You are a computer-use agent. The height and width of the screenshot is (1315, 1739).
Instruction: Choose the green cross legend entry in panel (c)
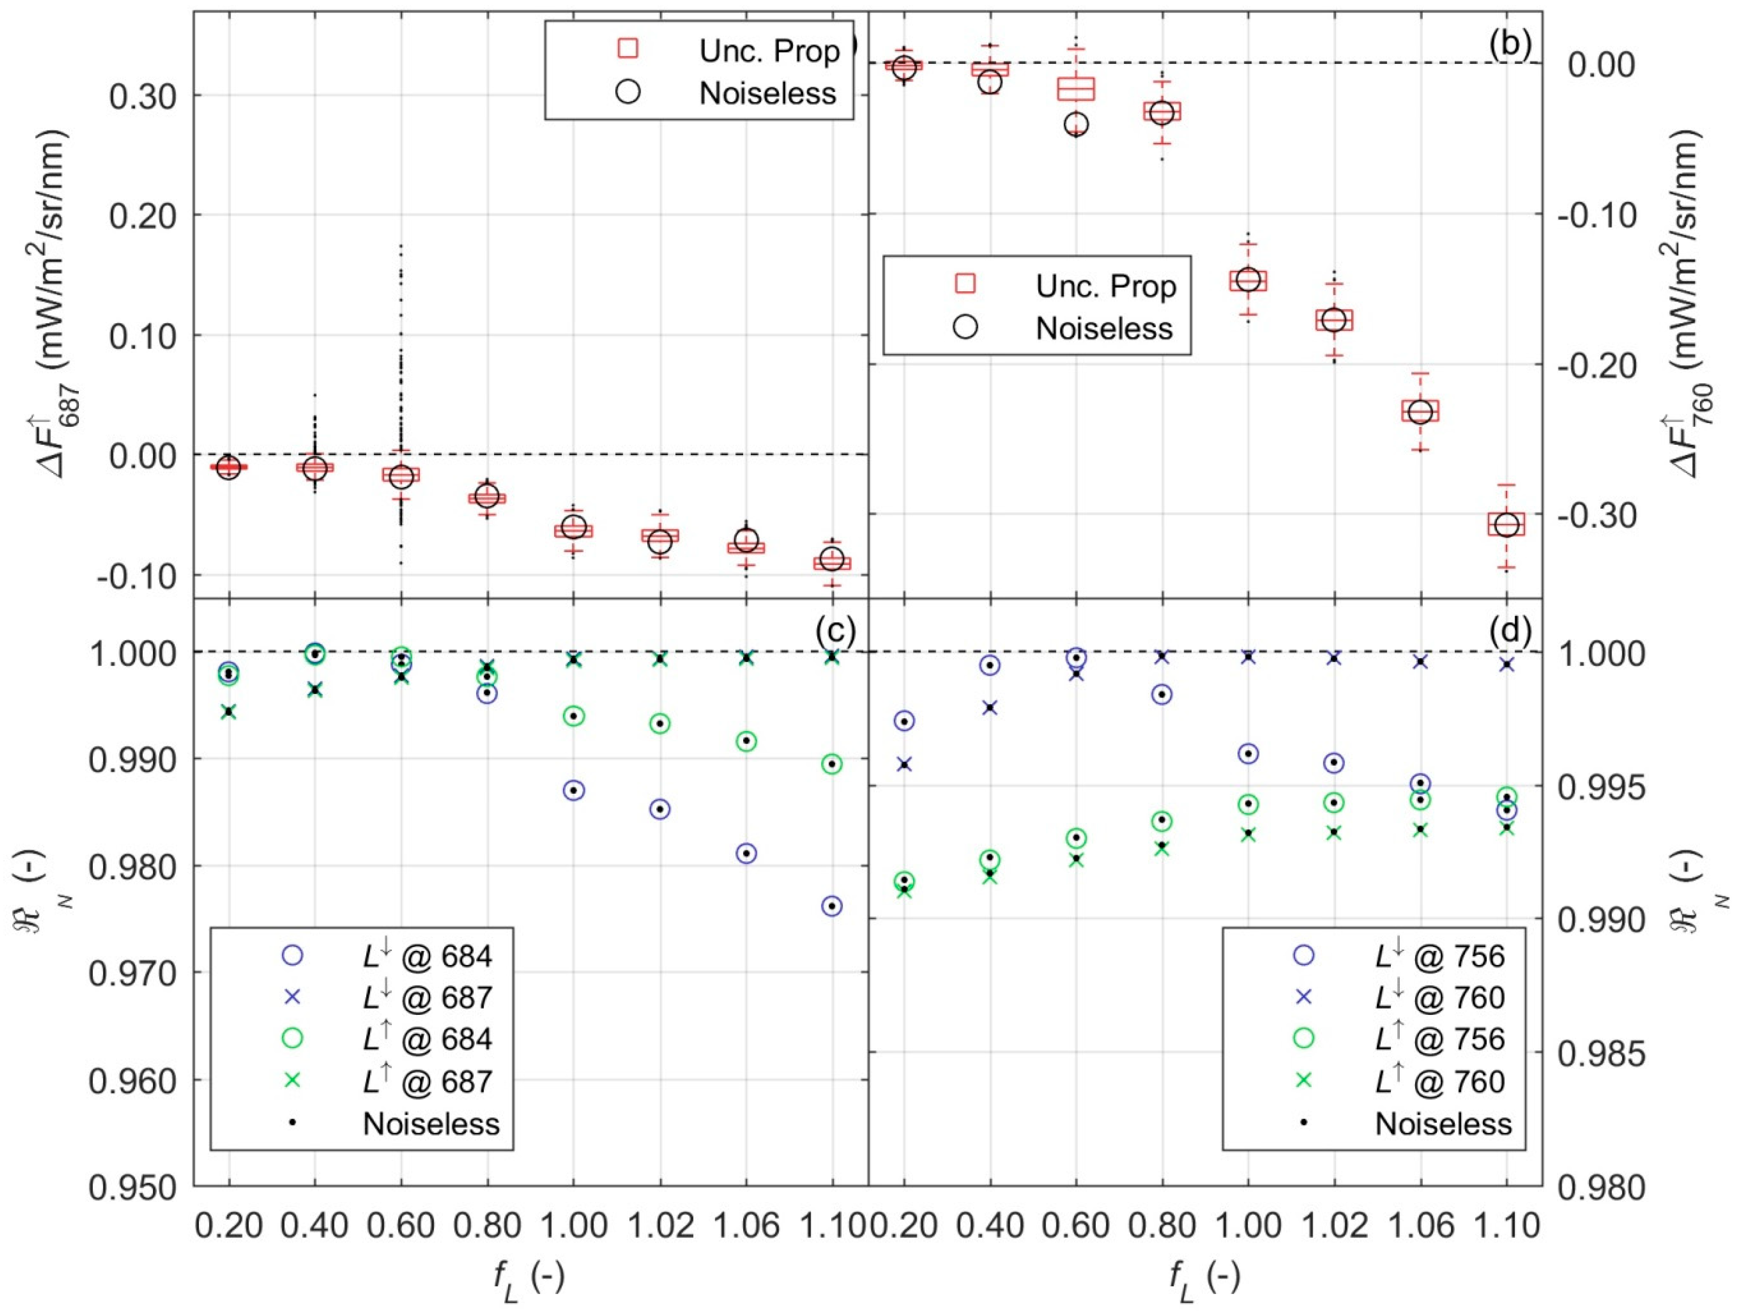click(292, 1081)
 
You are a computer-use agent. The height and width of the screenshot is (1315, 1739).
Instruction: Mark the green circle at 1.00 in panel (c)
click(573, 716)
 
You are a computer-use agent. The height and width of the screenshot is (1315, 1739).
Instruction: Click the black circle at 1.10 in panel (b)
click(1506, 525)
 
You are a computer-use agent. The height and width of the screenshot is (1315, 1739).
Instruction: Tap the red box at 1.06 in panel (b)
click(1420, 411)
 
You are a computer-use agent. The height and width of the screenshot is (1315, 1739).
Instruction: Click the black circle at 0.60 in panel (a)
click(401, 476)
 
